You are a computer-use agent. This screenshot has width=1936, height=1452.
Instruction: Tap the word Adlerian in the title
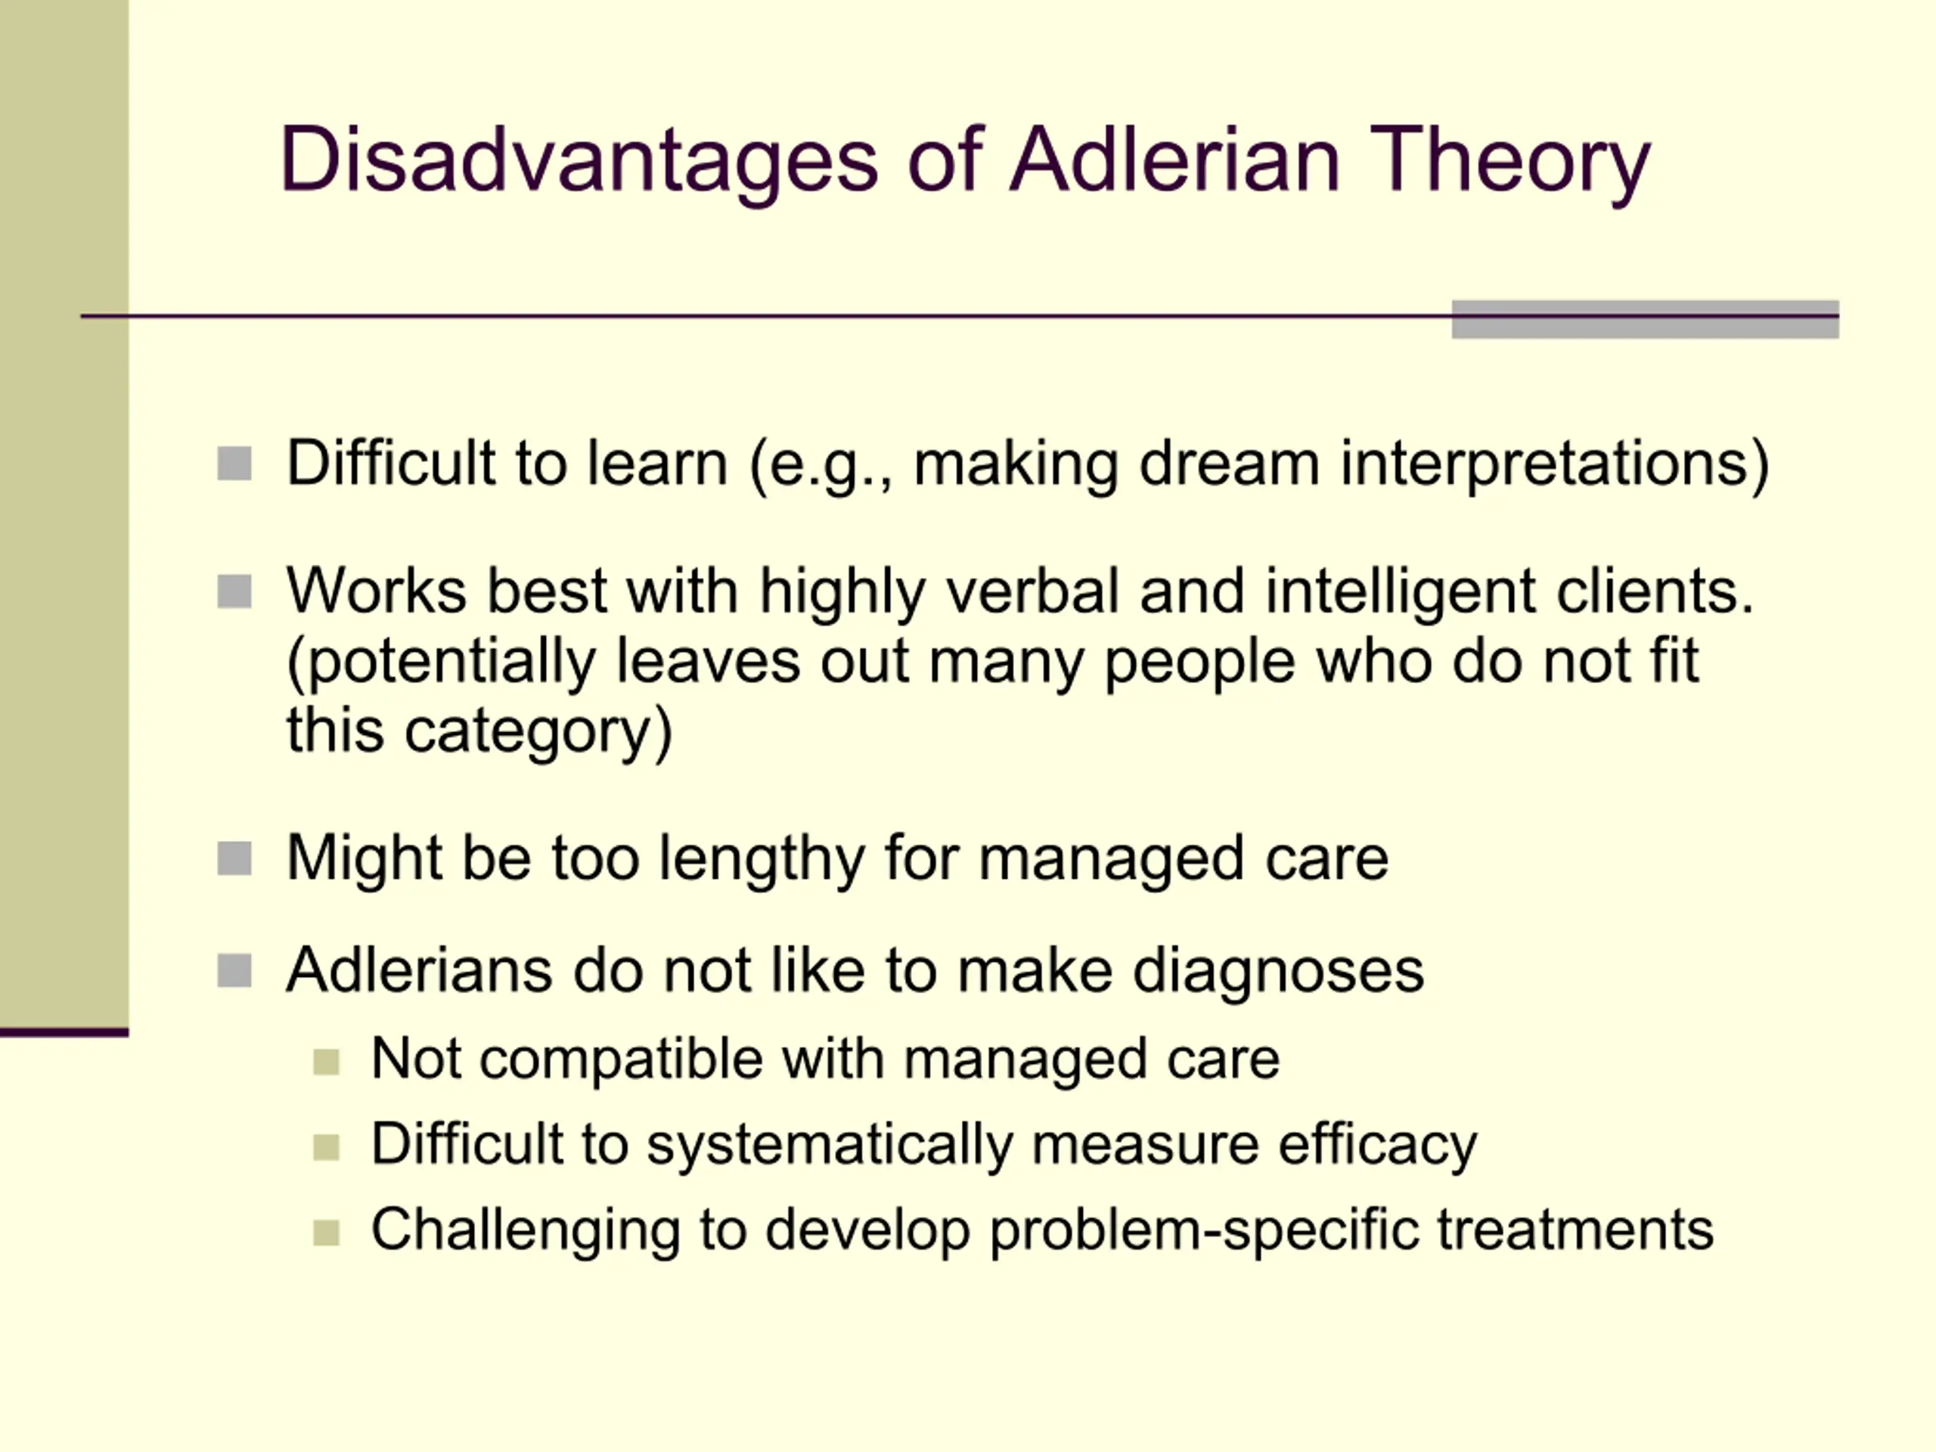(1175, 160)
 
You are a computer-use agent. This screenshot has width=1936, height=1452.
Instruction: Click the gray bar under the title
(1646, 319)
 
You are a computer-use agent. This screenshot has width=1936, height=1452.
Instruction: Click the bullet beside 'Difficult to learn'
(234, 464)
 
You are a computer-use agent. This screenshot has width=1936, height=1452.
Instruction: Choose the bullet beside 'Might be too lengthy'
(234, 858)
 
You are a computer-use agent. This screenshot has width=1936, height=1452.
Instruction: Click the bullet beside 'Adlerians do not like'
(234, 970)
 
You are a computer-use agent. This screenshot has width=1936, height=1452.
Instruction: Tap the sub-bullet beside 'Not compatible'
(326, 1062)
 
